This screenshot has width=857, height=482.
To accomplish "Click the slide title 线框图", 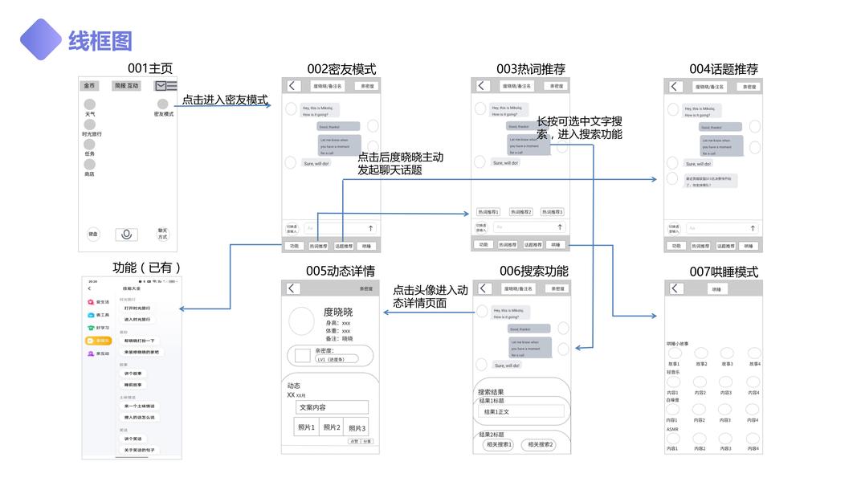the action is click(100, 40).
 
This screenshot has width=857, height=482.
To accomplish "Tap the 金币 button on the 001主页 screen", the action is click(89, 86).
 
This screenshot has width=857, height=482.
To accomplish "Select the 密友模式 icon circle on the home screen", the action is click(163, 104).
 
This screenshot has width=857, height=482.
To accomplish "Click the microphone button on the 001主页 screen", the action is click(125, 235).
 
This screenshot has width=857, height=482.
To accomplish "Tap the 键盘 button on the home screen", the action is click(93, 235).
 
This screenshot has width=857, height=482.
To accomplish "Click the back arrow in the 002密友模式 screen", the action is click(293, 86).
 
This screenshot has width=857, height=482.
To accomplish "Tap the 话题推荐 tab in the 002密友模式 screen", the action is click(344, 246).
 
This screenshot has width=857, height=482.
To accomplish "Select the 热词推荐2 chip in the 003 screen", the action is click(519, 212).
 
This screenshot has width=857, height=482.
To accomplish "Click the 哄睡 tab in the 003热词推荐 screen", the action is click(556, 245).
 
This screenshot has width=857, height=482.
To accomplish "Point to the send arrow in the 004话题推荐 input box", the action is click(753, 228).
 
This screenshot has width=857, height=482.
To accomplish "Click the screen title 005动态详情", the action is click(341, 271).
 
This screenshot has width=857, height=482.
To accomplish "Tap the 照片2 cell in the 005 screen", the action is click(331, 427).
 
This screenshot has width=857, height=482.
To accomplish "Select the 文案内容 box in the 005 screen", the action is click(331, 407).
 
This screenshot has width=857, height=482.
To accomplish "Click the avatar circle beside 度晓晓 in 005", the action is click(301, 321).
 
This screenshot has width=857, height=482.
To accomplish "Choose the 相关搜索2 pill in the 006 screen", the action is click(537, 444).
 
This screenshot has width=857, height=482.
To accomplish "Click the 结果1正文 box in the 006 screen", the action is click(522, 411).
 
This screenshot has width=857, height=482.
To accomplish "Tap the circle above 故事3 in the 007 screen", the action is click(727, 353).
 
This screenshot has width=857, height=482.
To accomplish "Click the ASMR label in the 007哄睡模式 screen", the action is click(672, 429).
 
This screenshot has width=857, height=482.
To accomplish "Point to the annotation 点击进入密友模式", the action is click(224, 100).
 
